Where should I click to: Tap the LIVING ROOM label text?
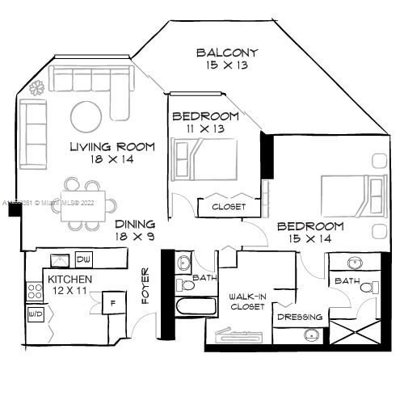pos(101,146)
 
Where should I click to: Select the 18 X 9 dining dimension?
pos(134,237)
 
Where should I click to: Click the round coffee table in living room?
pos(86,116)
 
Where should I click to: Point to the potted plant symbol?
pos(37,89)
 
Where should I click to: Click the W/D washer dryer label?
pos(36,313)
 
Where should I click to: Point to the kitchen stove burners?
pos(35,292)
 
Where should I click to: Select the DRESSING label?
pos(300,317)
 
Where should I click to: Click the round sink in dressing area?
pos(310,335)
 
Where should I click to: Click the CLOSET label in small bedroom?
pos(229,207)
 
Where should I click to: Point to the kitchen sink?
pos(59,259)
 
